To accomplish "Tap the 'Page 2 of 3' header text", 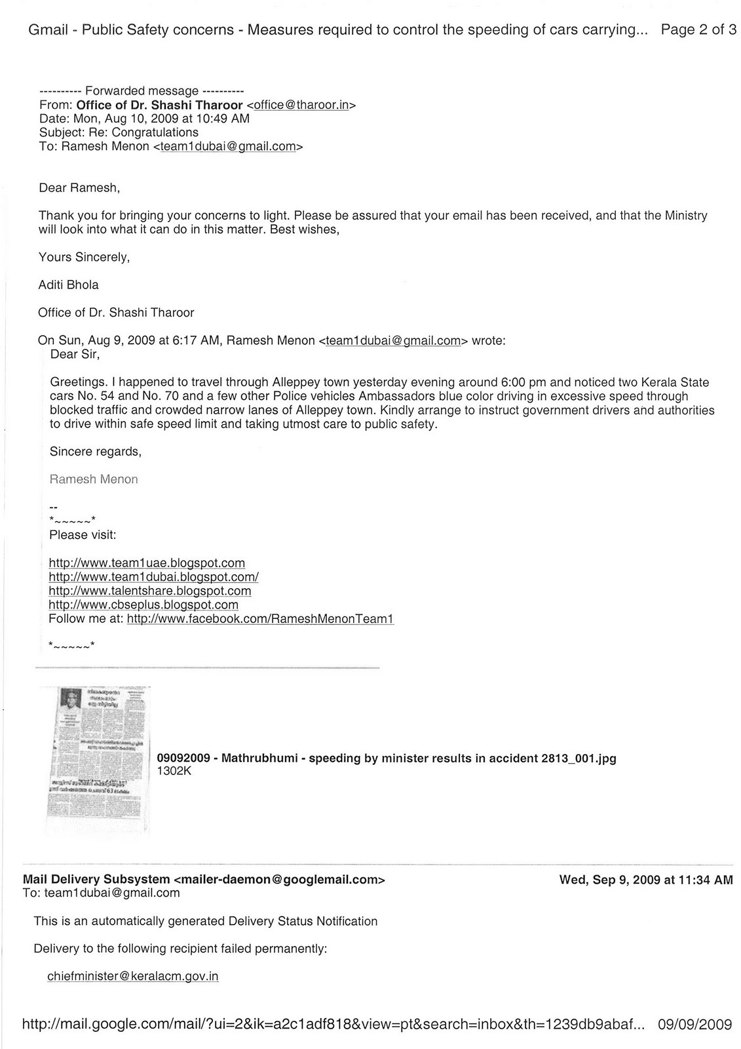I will click(698, 30).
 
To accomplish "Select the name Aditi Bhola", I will click(69, 285).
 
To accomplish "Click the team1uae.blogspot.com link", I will click(147, 563).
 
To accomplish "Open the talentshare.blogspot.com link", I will click(150, 591).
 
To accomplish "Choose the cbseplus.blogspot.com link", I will click(143, 604).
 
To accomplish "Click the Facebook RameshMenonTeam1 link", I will click(260, 618).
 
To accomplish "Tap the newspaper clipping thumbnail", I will click(98, 759).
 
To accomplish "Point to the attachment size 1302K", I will click(174, 772).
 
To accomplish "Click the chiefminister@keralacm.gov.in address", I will click(132, 976).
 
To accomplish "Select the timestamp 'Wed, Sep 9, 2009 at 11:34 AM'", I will click(645, 880).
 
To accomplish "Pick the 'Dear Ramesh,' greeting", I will click(79, 188).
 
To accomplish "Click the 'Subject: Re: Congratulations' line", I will click(119, 132).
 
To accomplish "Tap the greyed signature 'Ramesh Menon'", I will click(94, 479).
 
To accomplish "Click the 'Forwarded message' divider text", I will click(142, 91).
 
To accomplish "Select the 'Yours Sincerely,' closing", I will click(85, 257).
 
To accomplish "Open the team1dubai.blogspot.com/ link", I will click(153, 577).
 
